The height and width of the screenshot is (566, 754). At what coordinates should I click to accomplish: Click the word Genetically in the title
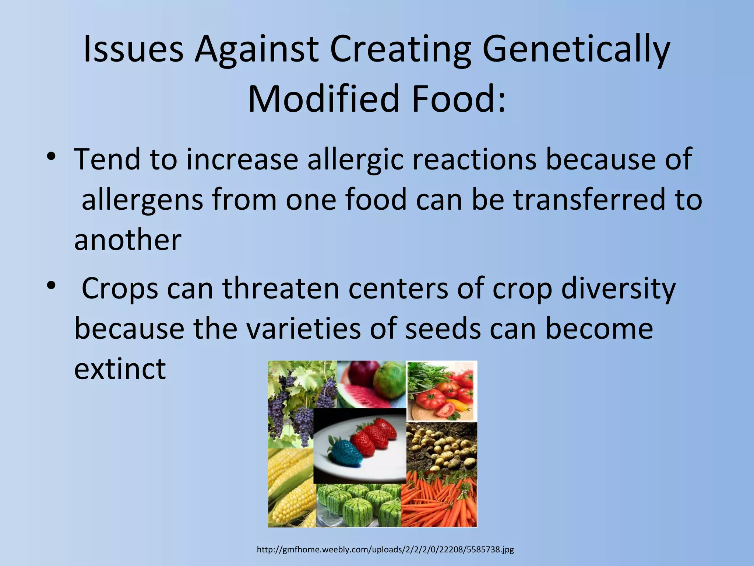point(576,50)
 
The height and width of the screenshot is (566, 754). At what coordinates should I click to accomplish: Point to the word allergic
point(356,160)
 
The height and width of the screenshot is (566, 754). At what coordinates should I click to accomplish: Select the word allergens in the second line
point(142,199)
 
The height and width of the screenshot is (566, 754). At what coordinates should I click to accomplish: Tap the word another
point(128,240)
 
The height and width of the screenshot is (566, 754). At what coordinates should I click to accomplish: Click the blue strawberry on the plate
point(339,452)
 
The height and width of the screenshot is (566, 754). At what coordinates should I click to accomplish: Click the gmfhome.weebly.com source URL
point(385,550)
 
